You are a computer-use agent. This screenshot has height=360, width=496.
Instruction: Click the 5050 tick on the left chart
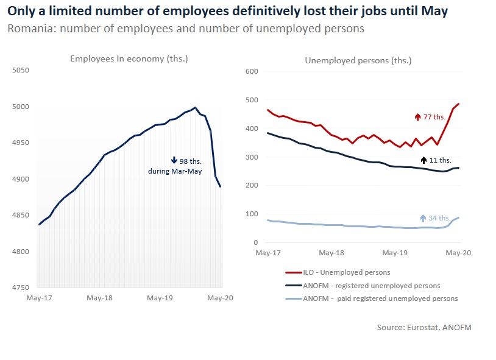click(20, 71)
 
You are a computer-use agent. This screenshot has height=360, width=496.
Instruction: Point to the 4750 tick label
click(20, 288)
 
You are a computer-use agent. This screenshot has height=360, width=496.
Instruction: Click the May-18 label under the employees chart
click(99, 298)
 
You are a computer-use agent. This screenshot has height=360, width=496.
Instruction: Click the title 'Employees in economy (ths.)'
click(129, 58)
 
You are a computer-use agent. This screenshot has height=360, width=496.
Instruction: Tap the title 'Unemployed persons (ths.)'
click(358, 60)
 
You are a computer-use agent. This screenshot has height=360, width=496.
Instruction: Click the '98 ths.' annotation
click(191, 161)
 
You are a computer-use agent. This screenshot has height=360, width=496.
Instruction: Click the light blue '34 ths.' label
click(439, 218)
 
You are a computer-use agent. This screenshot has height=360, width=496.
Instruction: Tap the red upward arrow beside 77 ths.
click(418, 116)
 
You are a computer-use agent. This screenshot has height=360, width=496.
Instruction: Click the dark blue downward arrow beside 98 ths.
click(174, 161)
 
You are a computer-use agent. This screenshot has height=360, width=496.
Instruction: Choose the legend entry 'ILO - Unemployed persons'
click(346, 272)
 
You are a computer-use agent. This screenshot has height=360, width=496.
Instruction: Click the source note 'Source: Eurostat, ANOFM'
click(424, 328)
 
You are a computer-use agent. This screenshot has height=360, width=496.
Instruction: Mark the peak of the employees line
click(195, 108)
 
